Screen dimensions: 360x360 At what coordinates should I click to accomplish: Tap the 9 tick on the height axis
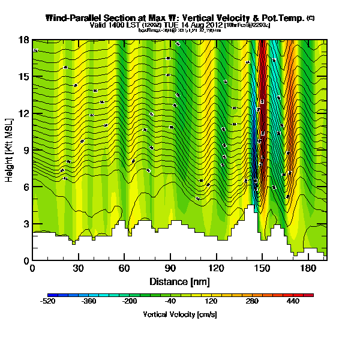[x=25, y=150]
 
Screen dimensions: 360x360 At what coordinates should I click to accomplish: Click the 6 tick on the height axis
[x=25, y=187]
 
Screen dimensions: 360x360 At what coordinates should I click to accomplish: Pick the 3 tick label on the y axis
[x=25, y=223]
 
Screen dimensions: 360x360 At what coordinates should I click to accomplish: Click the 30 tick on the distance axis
[x=79, y=268]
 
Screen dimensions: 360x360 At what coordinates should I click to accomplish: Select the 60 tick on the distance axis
[x=124, y=268]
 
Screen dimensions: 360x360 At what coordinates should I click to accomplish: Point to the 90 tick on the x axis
[x=170, y=268]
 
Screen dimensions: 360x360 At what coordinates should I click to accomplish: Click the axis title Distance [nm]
[x=179, y=281]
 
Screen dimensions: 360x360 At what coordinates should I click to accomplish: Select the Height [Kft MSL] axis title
[x=10, y=150]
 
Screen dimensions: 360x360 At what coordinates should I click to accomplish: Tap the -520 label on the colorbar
[x=48, y=302]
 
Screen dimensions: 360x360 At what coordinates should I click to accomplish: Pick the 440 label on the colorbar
[x=293, y=302]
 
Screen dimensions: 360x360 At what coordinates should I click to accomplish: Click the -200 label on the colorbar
[x=130, y=302]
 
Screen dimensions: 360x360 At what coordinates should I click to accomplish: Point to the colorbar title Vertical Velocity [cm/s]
[x=179, y=314]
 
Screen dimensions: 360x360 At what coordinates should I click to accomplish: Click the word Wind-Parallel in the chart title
[x=77, y=18]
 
